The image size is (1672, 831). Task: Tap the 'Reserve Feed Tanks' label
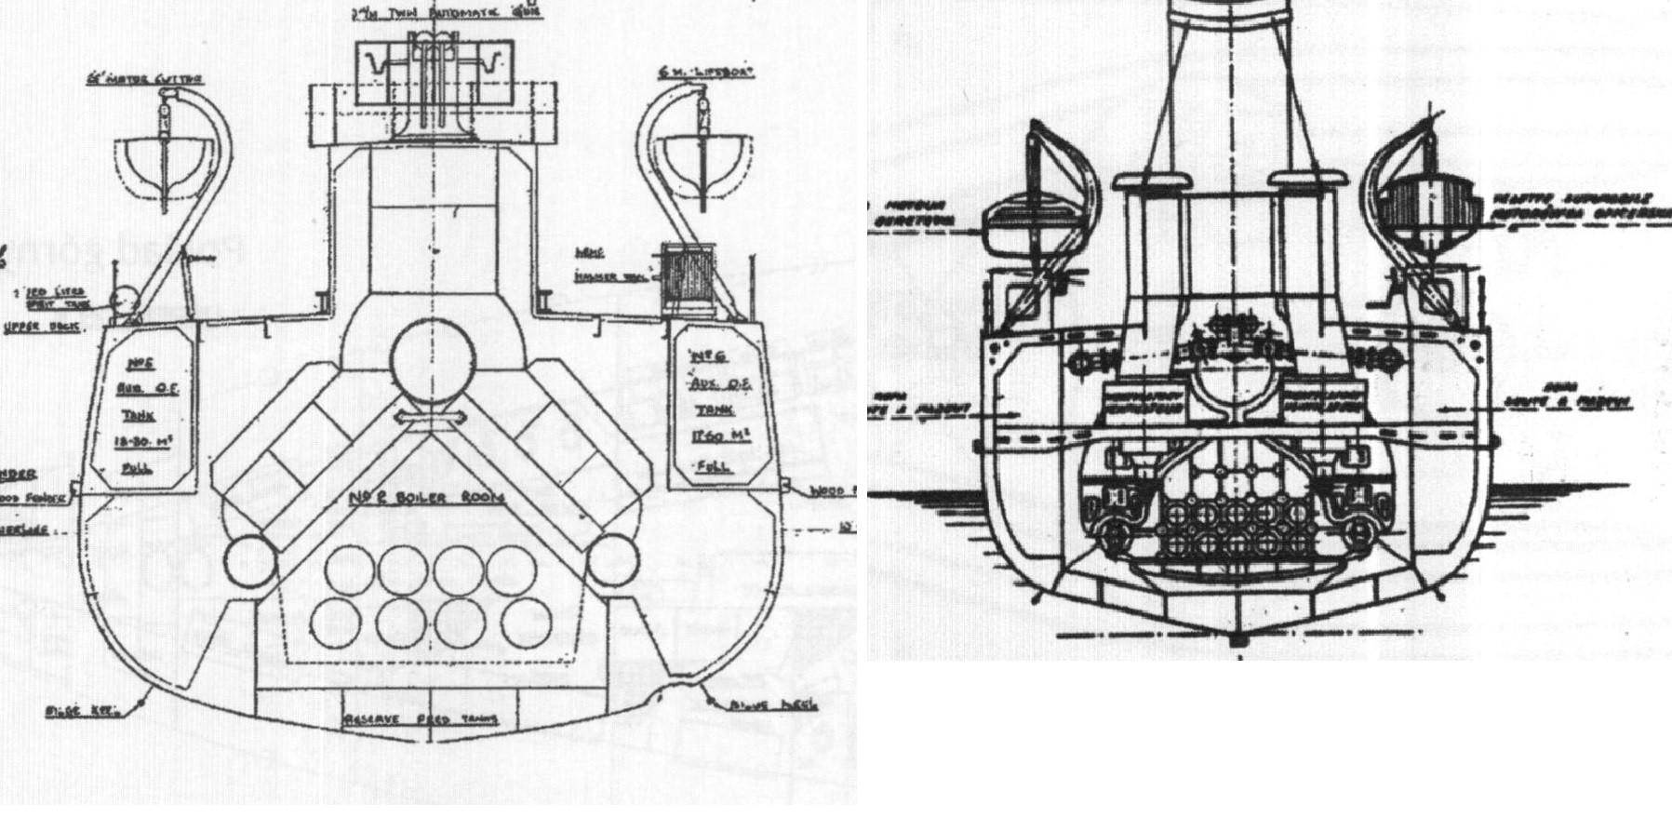421,719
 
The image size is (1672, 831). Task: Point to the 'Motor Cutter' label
158,79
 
